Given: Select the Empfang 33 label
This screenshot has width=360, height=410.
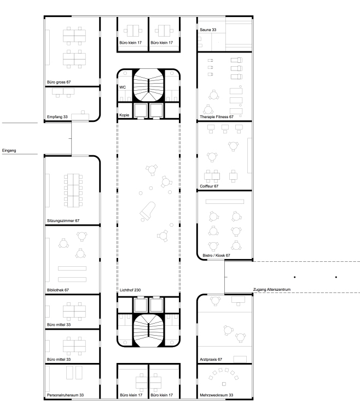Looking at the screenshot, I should (57, 117).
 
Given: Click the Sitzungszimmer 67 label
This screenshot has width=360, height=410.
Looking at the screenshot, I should (63, 221).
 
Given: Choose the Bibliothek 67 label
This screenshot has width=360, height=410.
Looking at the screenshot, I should (59, 290).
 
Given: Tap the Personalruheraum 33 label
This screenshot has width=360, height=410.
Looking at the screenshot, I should (65, 395).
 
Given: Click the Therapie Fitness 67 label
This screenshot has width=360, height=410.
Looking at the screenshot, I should (217, 117).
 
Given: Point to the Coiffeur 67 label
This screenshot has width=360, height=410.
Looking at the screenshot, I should (209, 186).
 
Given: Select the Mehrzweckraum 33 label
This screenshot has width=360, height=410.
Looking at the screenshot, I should (216, 395).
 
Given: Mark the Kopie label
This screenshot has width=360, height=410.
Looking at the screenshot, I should (124, 116).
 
